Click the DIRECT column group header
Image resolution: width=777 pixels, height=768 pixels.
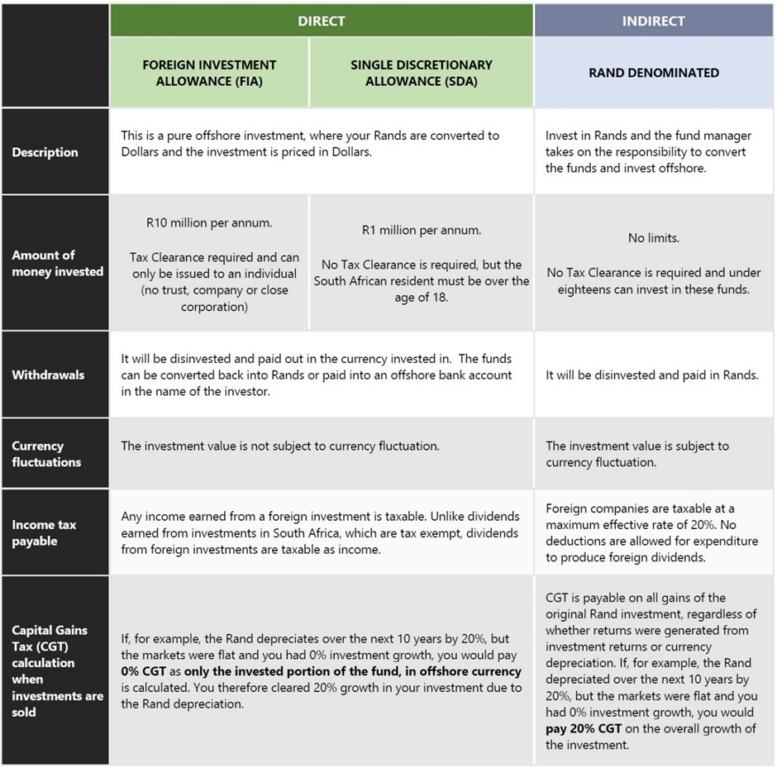321,21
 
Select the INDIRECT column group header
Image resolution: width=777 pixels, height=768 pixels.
653,21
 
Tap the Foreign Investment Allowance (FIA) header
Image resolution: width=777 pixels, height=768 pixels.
209,73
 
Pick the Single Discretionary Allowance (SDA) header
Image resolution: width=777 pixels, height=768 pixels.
421,73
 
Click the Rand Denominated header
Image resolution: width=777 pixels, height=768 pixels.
653,73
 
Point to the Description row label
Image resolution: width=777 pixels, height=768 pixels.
45,152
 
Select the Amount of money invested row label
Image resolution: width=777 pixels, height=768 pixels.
57,263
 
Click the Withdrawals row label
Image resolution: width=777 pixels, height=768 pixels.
48,374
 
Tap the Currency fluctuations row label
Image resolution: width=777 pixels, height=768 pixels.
46,454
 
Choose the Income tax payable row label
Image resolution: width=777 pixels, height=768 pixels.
45,533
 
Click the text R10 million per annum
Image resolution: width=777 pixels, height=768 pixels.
209,222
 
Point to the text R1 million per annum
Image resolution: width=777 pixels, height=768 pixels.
421,230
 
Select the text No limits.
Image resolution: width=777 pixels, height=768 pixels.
653,238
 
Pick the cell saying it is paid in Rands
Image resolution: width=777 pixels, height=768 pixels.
651,374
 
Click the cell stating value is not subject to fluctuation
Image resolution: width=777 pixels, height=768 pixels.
280,446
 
